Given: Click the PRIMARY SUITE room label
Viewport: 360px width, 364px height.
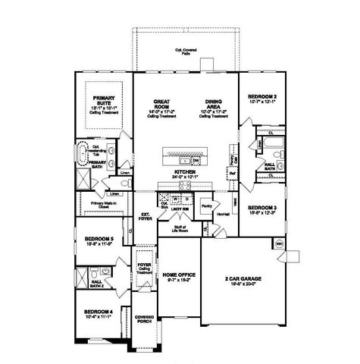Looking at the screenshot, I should [103, 102].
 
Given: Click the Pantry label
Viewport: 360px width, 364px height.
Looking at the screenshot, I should [206, 204].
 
